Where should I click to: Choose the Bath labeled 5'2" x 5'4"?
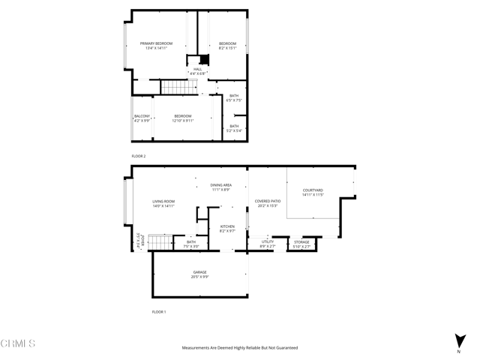pos(234,128)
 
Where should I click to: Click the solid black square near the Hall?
pos(202,61)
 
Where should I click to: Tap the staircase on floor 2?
pos(178,88)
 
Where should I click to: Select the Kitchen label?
pos(227,229)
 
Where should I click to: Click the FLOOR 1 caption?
pos(158,311)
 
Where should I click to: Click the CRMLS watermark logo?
pos(18,343)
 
